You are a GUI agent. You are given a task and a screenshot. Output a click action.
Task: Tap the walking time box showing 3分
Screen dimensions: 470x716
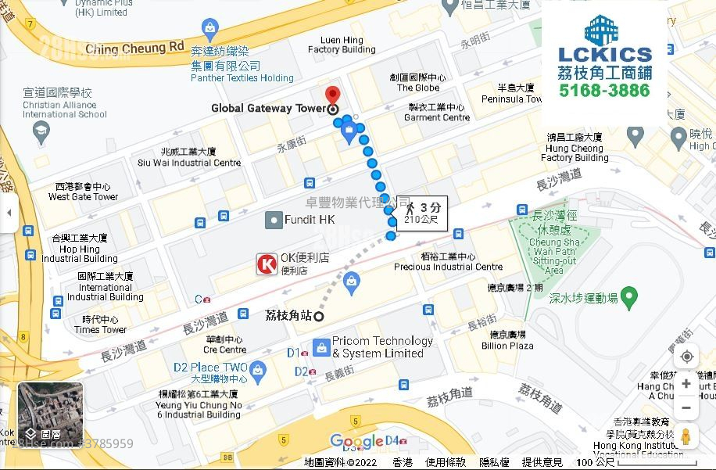tap(422, 213)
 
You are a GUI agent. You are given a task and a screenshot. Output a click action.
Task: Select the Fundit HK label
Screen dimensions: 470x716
tap(310, 220)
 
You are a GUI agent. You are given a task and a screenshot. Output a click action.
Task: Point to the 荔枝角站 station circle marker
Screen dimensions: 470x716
tap(319, 316)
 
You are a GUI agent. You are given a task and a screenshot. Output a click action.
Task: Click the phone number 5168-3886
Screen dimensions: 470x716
tap(604, 91)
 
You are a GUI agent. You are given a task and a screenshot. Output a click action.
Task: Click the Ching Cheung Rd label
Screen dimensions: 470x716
tap(135, 48)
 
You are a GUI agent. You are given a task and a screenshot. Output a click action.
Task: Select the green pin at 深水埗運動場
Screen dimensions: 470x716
tap(629, 297)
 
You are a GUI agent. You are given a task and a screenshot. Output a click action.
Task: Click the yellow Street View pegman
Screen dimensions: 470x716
tap(686, 436)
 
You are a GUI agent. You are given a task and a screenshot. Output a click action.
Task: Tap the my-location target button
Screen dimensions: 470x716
tap(686, 357)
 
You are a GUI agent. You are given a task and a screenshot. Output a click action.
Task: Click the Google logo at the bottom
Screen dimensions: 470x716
tap(356, 442)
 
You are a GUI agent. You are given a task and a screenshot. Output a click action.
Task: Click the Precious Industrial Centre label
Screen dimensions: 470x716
tap(448, 261)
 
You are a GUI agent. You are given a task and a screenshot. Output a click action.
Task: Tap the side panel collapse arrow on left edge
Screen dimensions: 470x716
tap(9, 213)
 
